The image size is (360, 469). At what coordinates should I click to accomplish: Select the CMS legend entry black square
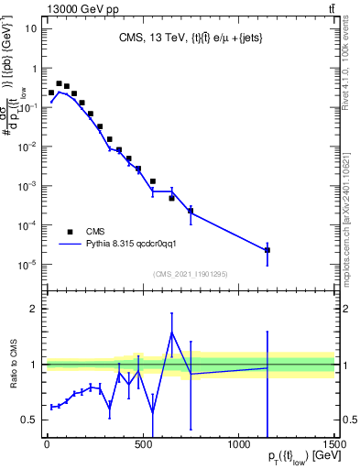click(x=71, y=231)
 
